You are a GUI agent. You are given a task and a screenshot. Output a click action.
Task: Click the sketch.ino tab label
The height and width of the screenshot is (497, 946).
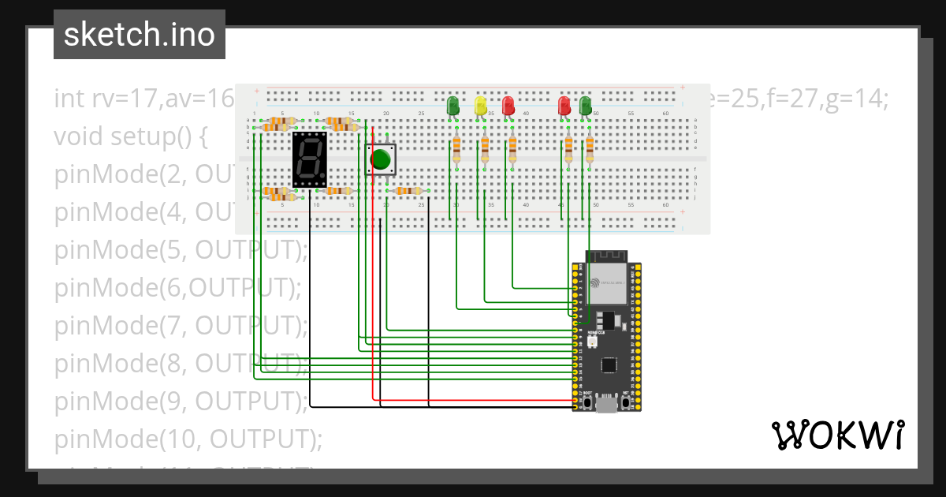[140, 35]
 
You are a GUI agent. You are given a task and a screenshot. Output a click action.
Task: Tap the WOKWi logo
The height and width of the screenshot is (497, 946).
[837, 435]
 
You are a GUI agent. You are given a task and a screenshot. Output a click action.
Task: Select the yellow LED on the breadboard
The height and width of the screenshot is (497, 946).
[481, 106]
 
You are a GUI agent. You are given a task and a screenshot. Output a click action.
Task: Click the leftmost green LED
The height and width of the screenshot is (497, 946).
[453, 106]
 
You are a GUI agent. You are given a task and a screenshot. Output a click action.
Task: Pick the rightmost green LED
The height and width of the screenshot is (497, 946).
[585, 106]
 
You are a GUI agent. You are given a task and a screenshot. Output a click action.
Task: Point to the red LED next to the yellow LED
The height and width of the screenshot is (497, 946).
[508, 106]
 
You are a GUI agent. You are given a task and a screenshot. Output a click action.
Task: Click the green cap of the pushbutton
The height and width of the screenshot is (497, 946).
[381, 159]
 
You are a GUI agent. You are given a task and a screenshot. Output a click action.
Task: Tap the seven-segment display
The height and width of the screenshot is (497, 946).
[309, 159]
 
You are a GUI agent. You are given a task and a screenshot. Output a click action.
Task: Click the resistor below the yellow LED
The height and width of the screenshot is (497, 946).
[485, 148]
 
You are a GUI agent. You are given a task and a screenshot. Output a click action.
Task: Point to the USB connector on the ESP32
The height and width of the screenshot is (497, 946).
[606, 405]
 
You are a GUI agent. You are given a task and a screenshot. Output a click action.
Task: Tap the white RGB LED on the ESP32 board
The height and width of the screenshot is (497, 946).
[592, 343]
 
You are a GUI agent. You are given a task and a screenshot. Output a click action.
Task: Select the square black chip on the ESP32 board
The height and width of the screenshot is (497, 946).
[609, 365]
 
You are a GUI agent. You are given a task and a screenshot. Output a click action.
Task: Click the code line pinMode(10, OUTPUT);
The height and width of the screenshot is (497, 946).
[188, 439]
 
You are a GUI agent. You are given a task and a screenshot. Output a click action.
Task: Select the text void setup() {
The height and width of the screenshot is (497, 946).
[130, 137]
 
